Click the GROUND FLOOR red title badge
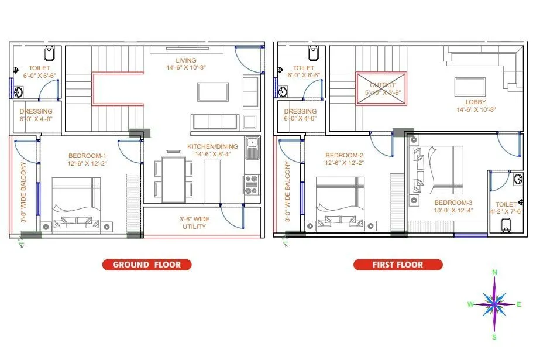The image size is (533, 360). [146, 265]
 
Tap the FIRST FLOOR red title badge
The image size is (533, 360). [398, 265]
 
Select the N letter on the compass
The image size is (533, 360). [495, 272]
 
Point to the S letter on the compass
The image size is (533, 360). [494, 337]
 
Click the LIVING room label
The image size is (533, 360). [186, 60]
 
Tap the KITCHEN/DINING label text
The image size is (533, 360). [212, 146]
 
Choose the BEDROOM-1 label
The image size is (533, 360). [87, 155]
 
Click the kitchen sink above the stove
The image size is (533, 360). [253, 147]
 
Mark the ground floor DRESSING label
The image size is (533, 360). [36, 111]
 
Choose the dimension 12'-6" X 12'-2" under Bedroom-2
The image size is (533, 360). [344, 163]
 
